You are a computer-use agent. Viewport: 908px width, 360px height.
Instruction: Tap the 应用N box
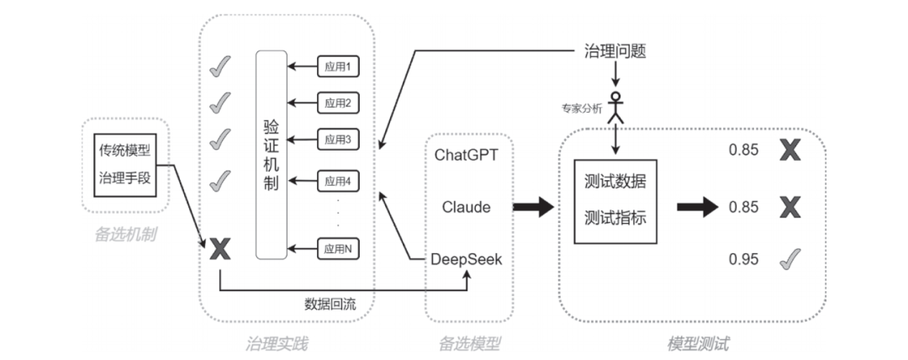tap(336, 249)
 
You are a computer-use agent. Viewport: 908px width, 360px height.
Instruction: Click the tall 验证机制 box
tap(271, 155)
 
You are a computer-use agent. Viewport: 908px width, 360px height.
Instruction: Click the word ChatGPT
tap(467, 155)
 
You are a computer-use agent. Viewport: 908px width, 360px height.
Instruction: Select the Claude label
tap(467, 207)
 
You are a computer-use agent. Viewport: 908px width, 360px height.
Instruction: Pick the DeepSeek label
tap(467, 259)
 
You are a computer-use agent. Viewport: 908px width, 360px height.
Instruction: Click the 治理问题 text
tap(615, 50)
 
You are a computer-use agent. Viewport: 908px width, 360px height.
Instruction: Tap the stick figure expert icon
tap(618, 108)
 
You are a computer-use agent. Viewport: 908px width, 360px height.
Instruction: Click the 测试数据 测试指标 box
tap(615, 200)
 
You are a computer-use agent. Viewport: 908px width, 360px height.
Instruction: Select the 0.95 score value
tap(744, 259)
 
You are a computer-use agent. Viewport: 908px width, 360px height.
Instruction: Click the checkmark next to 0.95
tap(789, 259)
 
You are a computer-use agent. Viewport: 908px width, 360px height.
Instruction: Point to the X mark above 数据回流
tap(219, 249)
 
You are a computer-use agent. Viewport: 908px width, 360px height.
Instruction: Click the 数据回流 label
tap(330, 304)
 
